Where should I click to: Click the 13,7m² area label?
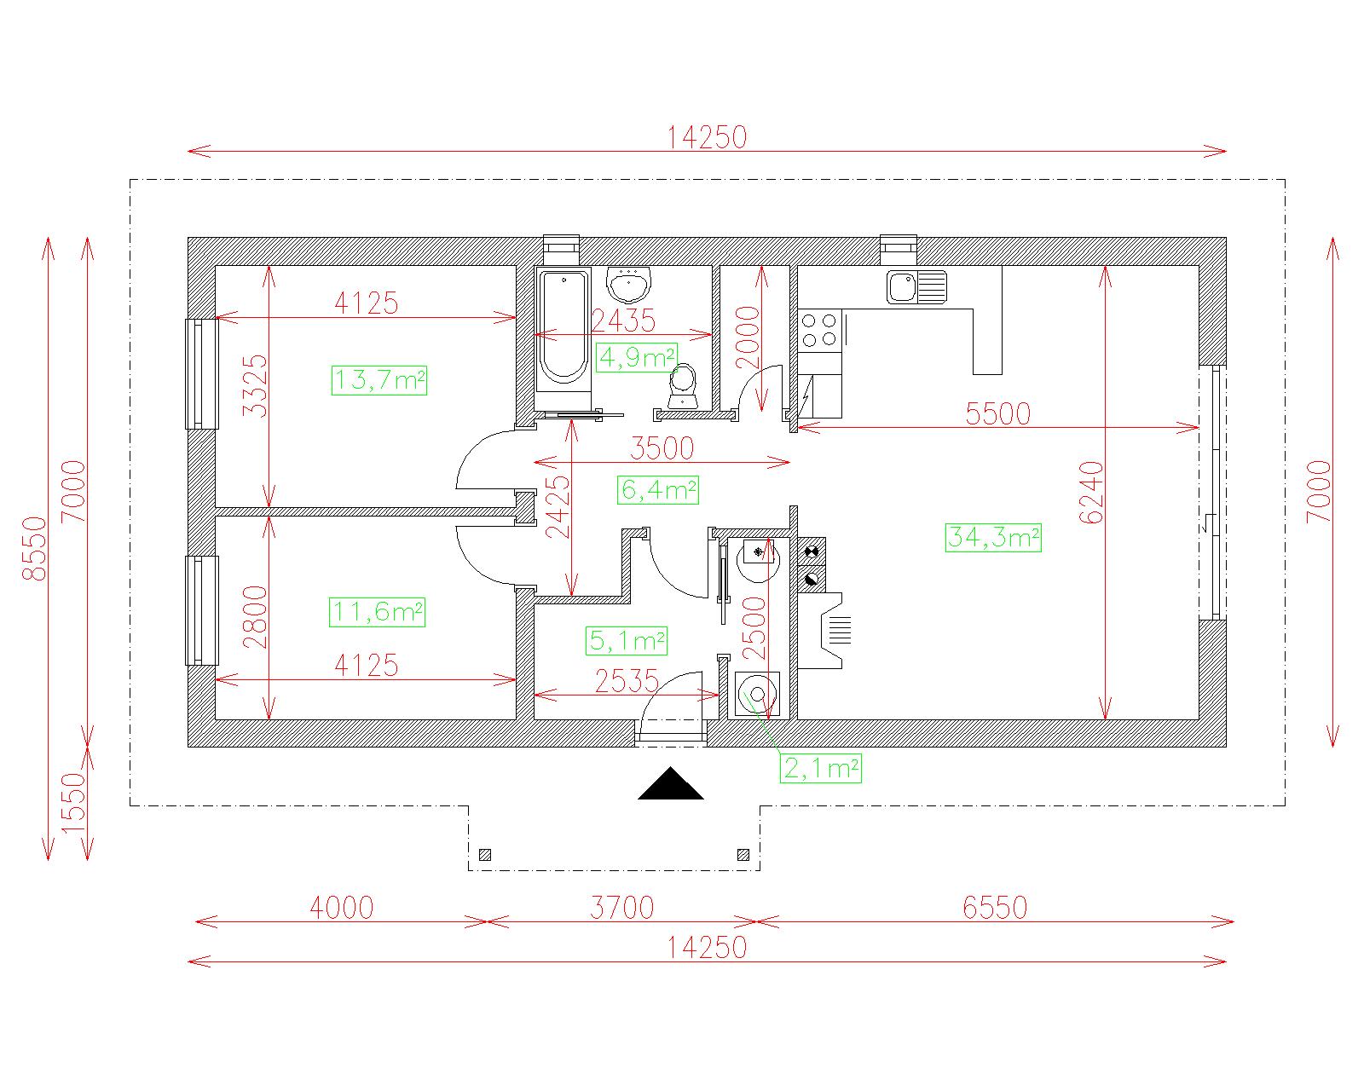tap(379, 380)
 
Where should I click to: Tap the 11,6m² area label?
tap(377, 612)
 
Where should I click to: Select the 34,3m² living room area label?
tap(992, 537)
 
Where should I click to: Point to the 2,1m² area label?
tap(821, 768)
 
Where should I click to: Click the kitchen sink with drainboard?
tap(916, 286)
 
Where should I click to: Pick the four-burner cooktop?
tap(819, 330)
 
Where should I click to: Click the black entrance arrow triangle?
tap(671, 783)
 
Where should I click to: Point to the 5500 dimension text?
tap(997, 414)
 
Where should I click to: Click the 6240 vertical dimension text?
tap(1091, 493)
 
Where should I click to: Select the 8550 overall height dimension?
tap(34, 548)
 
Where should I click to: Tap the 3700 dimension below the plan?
tap(621, 908)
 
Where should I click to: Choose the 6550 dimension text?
tap(995, 908)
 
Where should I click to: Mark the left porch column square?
tap(486, 855)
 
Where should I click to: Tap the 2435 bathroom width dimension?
tap(623, 320)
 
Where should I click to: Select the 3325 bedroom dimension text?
tap(256, 385)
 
